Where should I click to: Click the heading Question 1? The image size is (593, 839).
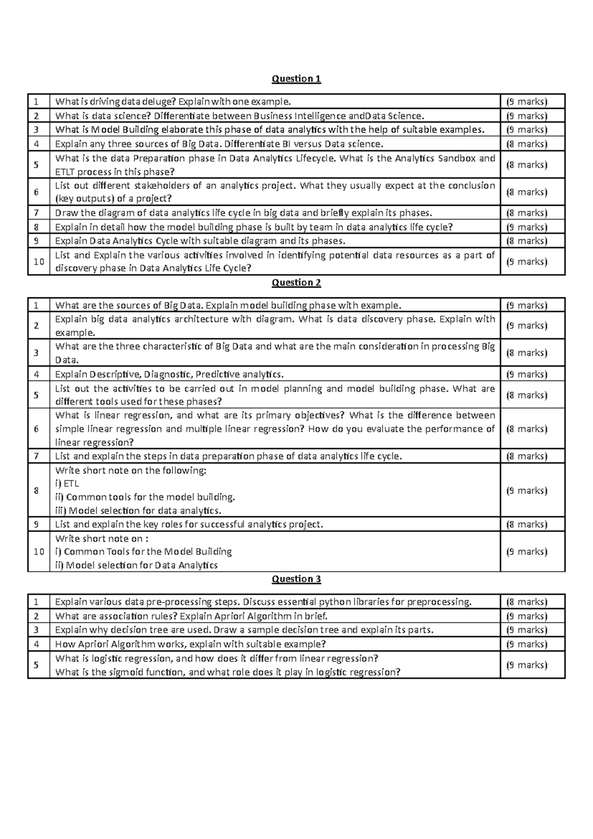pos(296,79)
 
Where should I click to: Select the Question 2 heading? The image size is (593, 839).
pos(296,282)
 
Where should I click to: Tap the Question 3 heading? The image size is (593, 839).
pos(296,579)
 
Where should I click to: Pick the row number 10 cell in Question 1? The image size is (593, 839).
pos(39,262)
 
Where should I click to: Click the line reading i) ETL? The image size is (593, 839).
pos(67,484)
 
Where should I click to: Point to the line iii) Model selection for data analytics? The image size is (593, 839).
pos(138,511)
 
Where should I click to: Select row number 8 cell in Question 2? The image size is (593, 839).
pos(36,491)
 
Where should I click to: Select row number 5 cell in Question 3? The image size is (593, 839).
pos(36,665)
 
